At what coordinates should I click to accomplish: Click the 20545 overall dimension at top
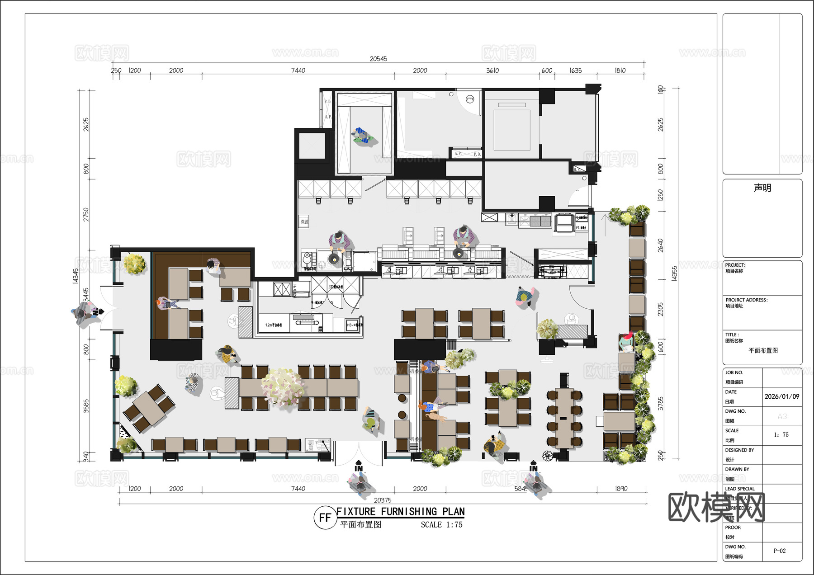click(x=378, y=59)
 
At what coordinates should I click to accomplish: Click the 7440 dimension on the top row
click(x=298, y=71)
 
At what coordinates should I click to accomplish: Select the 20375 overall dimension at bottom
click(x=383, y=500)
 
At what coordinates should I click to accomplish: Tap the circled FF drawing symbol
click(x=325, y=518)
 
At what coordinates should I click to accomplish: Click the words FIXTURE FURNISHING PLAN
click(x=400, y=511)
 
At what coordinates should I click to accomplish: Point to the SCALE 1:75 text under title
click(x=441, y=525)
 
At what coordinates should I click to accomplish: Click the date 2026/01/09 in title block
click(x=781, y=396)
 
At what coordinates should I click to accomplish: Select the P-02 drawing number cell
click(x=779, y=551)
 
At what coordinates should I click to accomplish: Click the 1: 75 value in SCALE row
click(x=781, y=435)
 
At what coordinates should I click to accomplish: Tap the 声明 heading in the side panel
click(x=762, y=188)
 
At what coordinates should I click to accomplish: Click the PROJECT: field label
click(x=735, y=265)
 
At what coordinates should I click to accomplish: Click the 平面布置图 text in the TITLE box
click(x=763, y=350)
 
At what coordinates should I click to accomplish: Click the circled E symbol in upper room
click(x=470, y=99)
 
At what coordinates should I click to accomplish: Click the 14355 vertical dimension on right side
click(x=674, y=273)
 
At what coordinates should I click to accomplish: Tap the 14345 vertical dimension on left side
click(x=76, y=276)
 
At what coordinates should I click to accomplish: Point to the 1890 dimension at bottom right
click(x=621, y=489)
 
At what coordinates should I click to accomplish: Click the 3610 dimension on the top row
click(x=492, y=71)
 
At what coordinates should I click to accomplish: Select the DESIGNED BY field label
click(x=739, y=450)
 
